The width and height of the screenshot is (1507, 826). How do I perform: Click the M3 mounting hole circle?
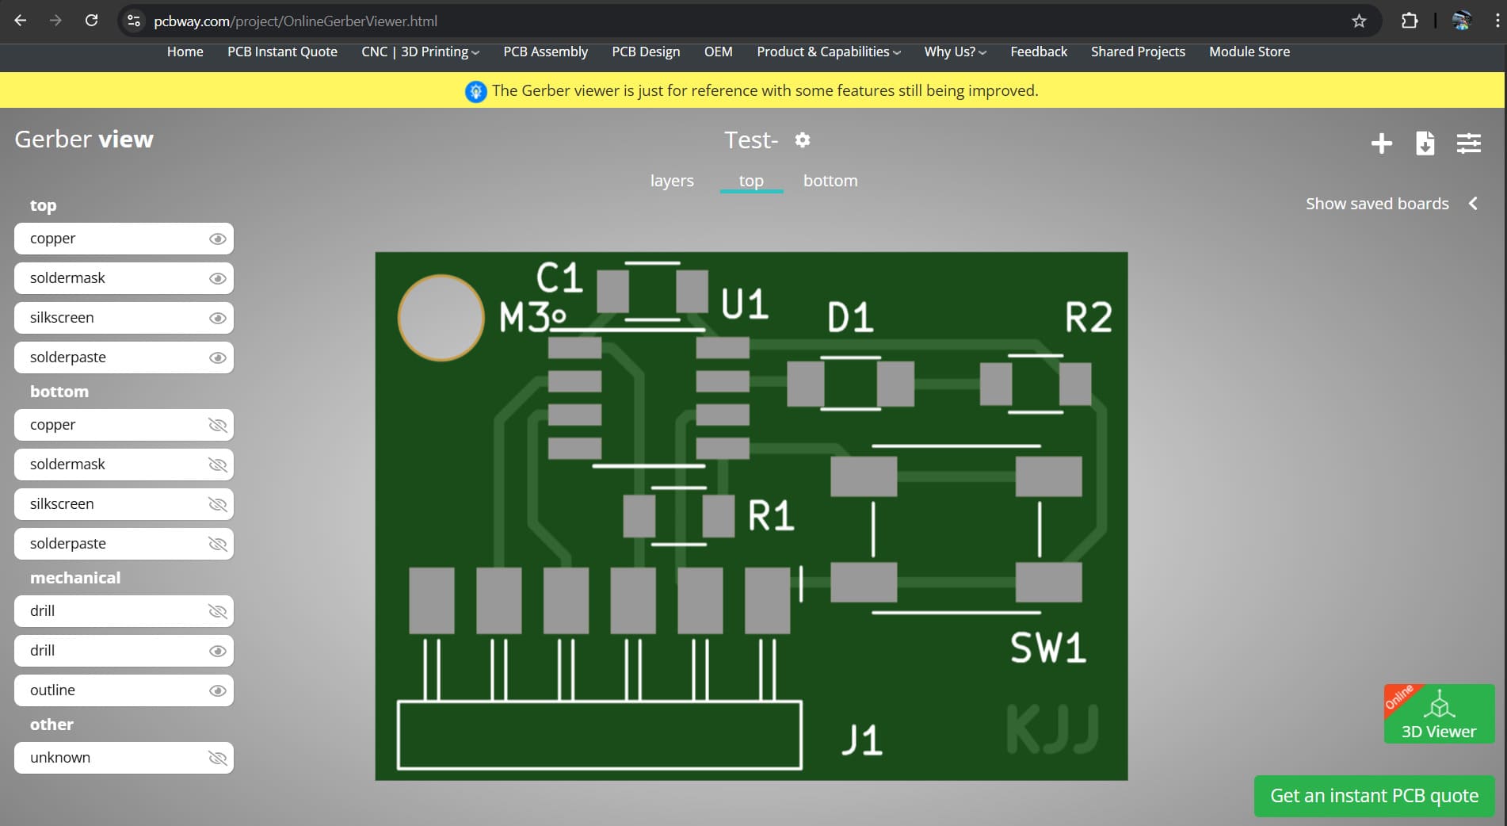441,318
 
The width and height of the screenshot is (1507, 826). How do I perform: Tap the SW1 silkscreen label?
1047,648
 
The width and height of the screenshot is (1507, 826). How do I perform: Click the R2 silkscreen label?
1088,318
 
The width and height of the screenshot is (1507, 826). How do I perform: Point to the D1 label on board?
850,318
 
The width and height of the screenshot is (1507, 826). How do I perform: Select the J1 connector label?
861,740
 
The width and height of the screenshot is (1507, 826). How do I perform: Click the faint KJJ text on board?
1052,728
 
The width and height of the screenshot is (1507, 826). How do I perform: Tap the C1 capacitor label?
559,278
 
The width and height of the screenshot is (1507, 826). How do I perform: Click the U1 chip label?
744,304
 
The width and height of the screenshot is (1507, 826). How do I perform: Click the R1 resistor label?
770,516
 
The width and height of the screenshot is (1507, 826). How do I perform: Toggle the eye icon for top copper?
217,239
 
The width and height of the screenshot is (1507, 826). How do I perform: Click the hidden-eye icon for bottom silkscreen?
217,504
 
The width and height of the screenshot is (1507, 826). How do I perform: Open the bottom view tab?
830,181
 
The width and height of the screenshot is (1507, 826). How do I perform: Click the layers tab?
672,181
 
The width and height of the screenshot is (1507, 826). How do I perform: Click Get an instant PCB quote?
1374,796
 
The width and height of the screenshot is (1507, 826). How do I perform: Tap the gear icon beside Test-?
803,140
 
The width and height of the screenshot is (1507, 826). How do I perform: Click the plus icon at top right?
1381,143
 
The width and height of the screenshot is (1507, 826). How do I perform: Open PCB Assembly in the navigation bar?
545,52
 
